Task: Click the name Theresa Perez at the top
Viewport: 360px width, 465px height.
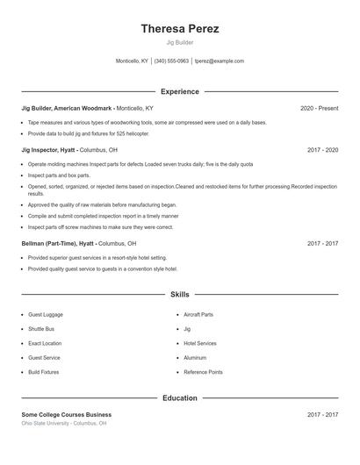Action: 179,29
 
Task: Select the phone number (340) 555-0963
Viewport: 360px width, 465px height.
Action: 171,61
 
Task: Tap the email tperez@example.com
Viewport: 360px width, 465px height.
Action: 219,61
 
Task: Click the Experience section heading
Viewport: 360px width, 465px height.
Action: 179,91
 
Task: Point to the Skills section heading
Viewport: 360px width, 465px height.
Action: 179,295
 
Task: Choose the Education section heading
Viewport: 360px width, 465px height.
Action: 179,397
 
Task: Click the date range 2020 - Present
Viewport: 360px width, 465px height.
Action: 319,108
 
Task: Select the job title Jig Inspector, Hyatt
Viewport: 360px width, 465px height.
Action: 49,150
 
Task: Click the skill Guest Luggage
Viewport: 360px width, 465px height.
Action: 46,314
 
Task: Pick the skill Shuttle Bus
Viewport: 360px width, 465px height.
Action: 41,329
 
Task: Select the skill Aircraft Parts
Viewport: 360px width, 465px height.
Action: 198,314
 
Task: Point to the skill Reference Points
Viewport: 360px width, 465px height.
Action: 203,372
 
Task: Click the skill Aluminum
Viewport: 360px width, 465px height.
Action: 195,358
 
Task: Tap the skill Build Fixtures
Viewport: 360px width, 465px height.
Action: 44,372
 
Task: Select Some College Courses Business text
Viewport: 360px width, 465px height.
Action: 67,414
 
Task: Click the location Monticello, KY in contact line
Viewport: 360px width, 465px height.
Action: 133,61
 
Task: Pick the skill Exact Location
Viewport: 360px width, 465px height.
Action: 45,343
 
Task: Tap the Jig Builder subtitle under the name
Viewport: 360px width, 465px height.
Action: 179,43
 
